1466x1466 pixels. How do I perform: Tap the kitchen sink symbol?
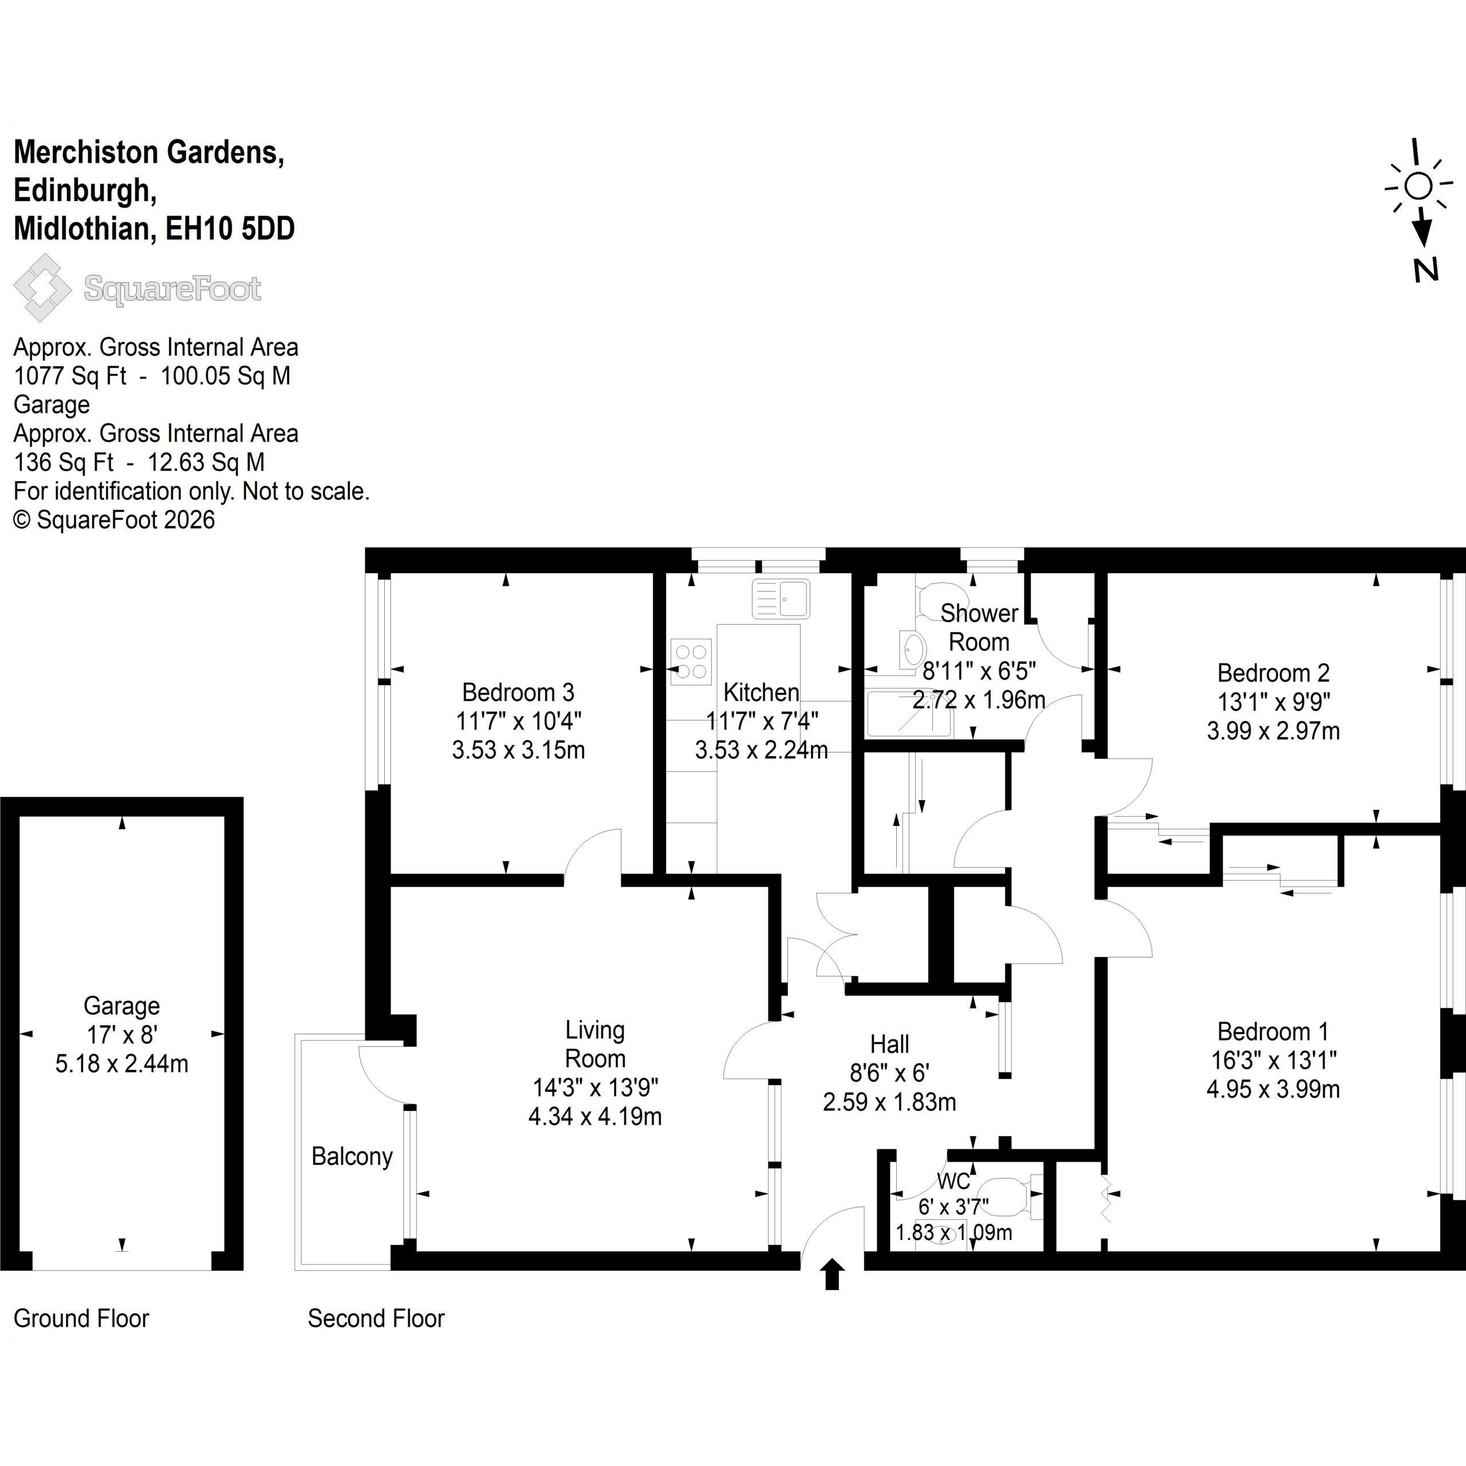point(781,598)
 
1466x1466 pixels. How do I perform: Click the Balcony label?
point(352,1156)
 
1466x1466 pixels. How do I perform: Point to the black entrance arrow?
point(833,1274)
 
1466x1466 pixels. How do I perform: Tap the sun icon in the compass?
point(1418,186)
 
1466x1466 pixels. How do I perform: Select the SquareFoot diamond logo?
point(42,287)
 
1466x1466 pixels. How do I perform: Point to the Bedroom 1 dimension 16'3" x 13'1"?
point(1272,1060)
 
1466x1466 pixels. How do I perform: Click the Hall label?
point(889,1044)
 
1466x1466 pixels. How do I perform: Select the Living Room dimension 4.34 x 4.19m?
point(595,1116)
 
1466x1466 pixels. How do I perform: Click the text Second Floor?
point(376,1318)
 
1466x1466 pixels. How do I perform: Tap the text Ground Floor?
point(81,1318)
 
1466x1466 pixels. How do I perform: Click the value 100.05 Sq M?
point(226,376)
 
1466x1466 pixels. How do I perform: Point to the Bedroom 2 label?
point(1273,672)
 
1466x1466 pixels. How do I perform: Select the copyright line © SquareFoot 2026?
point(114,520)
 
